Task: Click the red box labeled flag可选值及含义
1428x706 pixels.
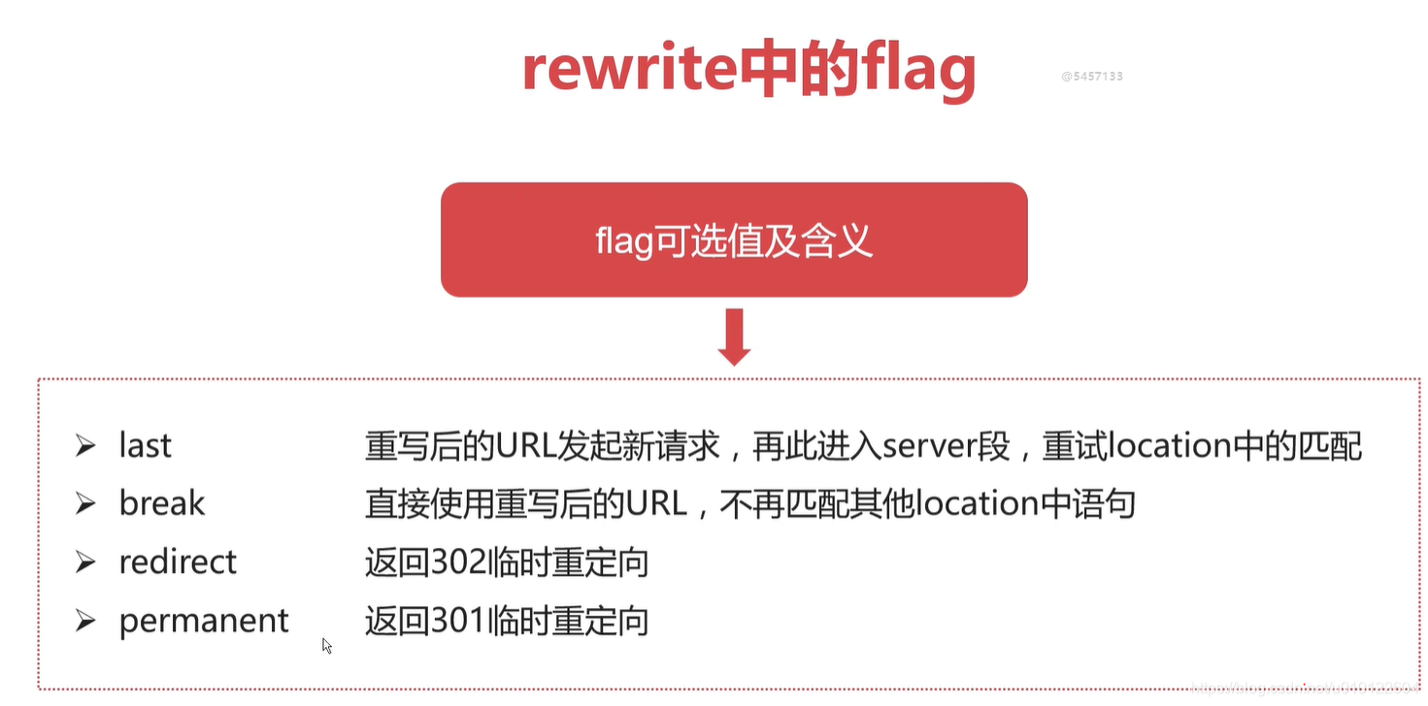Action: (734, 240)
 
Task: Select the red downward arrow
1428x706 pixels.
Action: (734, 336)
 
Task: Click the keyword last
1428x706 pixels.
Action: (145, 445)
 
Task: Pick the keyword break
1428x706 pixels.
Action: (161, 503)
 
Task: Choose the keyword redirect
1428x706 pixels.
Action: (178, 562)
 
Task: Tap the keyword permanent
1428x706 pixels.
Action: (204, 621)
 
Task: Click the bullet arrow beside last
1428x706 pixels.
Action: (85, 446)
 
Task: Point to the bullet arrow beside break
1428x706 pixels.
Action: (85, 504)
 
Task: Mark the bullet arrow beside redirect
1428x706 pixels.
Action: (85, 562)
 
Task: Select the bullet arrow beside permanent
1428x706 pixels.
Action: (85, 621)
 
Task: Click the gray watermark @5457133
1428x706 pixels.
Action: (1092, 76)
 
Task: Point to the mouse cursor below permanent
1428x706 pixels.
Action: (326, 644)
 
